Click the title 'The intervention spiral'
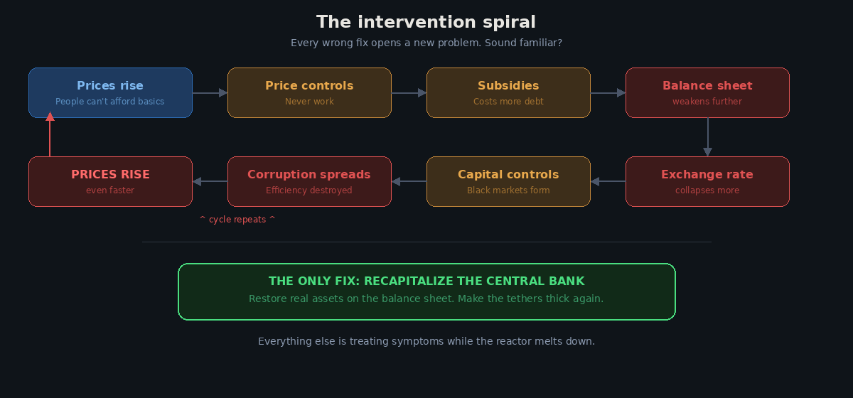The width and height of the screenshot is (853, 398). (x=426, y=22)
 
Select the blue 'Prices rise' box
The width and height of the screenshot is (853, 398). (x=110, y=92)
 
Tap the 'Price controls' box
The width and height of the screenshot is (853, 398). (x=309, y=92)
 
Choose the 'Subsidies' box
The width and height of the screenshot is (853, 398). (x=508, y=92)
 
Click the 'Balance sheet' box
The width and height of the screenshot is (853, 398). (x=707, y=92)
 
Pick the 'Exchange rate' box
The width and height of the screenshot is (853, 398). (x=707, y=181)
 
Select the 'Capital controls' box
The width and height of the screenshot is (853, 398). (x=508, y=181)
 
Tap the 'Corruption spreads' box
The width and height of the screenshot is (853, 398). (x=309, y=181)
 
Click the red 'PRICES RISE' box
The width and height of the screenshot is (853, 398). (x=110, y=181)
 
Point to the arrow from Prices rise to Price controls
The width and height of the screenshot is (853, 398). (x=210, y=92)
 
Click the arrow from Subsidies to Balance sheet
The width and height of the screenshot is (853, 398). (x=608, y=92)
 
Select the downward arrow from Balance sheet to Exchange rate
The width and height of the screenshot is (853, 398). (x=707, y=136)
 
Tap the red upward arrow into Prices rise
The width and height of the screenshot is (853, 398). (x=50, y=136)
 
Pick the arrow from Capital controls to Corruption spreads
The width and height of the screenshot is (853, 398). (x=409, y=181)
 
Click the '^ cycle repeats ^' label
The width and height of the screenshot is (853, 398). (x=237, y=220)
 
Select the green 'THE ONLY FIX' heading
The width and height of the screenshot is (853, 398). (x=426, y=281)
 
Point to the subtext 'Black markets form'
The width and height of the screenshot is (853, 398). (x=508, y=190)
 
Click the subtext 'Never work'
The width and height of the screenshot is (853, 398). (x=309, y=102)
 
